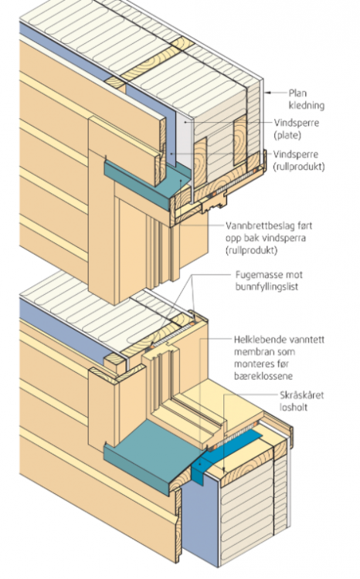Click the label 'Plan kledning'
307,100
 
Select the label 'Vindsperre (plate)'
296,129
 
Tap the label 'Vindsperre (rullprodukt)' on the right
299,161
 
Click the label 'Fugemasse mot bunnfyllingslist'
269,281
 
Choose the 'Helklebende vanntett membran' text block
279,357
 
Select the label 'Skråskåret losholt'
301,401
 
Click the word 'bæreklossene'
263,376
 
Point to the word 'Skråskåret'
301,396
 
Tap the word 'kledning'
307,106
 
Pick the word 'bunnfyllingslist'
267,286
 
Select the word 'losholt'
294,408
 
